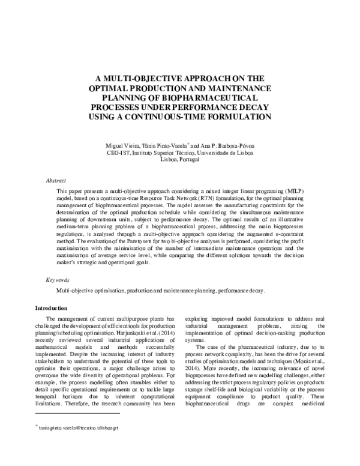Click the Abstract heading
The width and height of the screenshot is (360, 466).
click(x=56, y=180)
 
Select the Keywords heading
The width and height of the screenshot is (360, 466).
click(x=58, y=280)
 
